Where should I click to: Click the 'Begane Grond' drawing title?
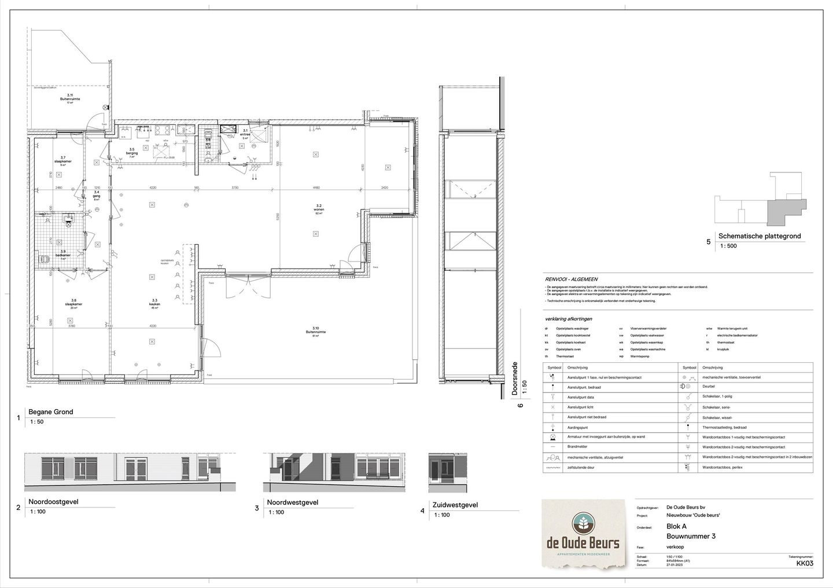tap(51, 412)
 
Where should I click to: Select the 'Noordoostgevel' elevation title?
tap(54, 502)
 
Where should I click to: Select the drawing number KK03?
tap(805, 563)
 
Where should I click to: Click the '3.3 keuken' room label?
tap(154, 302)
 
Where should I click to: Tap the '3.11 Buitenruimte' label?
tap(69, 97)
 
